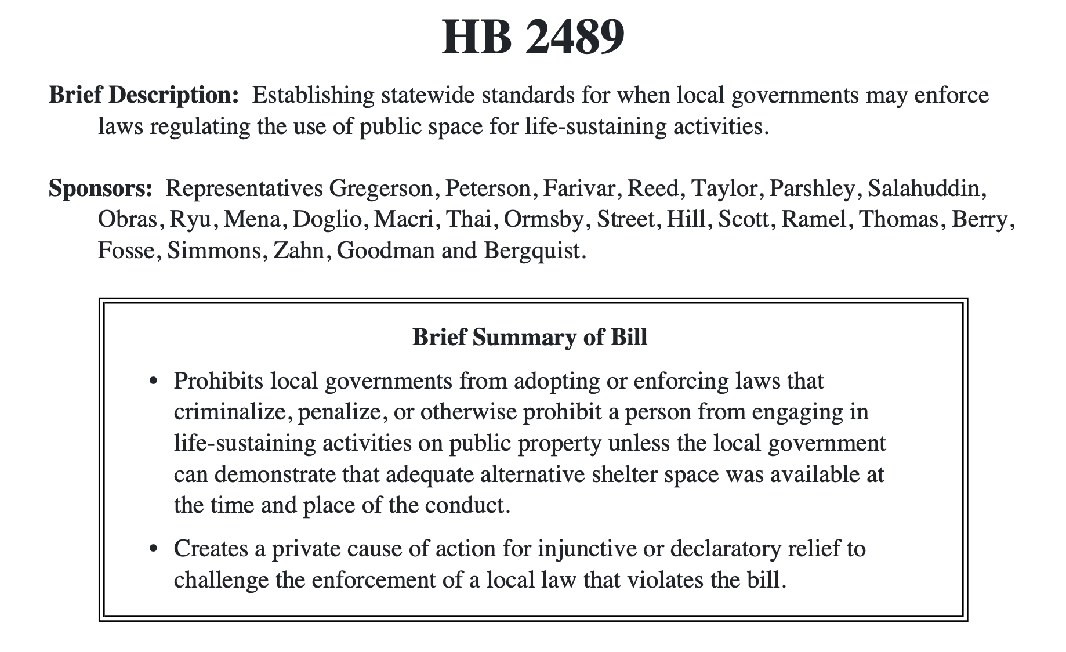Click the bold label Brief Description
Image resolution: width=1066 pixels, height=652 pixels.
tap(143, 95)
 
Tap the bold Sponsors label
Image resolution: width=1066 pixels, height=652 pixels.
tap(100, 189)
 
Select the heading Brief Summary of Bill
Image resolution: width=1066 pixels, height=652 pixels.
tap(530, 337)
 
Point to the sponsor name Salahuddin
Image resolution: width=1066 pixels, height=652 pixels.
tap(927, 189)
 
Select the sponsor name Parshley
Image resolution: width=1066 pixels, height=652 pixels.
tap(814, 189)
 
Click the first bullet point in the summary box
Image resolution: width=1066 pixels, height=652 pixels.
tap(153, 382)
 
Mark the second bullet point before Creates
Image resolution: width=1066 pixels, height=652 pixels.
tap(153, 549)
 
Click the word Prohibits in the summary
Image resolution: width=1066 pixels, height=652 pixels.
tap(217, 381)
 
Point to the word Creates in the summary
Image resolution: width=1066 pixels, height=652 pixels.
tap(210, 548)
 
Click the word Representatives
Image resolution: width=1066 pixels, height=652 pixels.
tap(244, 189)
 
